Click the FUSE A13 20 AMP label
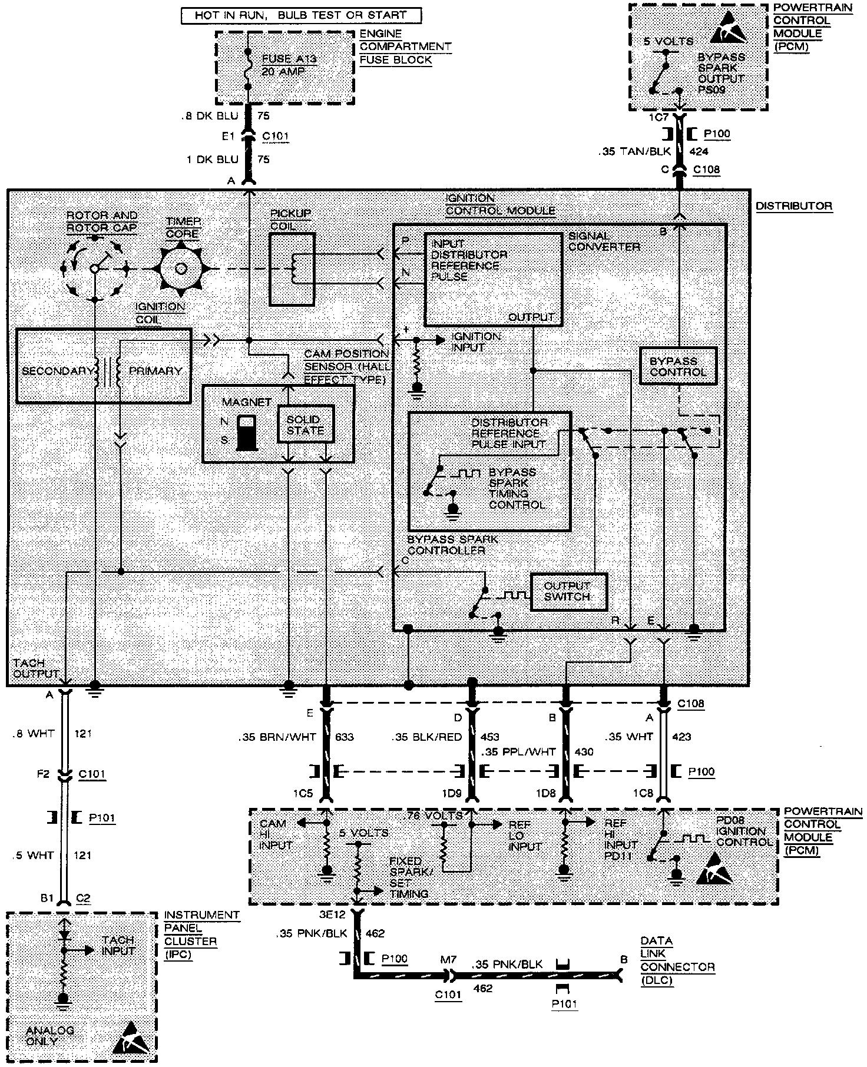coord(284,65)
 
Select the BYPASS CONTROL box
coord(678,366)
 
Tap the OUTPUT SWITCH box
coord(568,591)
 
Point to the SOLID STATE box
coord(305,425)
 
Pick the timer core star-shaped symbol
coord(181,269)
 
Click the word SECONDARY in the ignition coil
coord(57,371)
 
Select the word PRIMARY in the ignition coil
coord(155,371)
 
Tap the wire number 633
coord(344,736)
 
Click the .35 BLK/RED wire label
coord(427,736)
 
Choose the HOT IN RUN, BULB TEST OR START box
coord(301,16)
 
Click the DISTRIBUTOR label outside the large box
coord(794,206)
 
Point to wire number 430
coord(584,751)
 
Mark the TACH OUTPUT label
coord(35,668)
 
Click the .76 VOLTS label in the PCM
coord(435,816)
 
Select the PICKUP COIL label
coord(290,219)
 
